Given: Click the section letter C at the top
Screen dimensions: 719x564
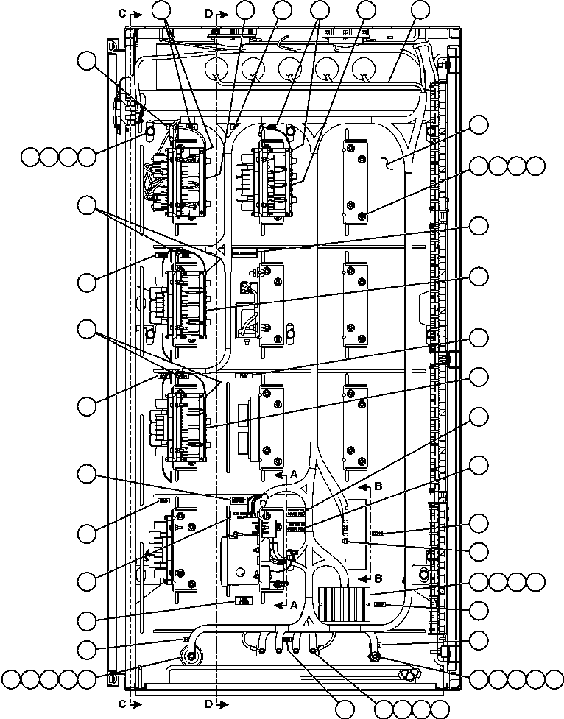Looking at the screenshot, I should pos(122,13).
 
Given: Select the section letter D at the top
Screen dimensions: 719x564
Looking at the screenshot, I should pos(208,13).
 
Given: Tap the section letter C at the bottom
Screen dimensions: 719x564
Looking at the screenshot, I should pos(122,704).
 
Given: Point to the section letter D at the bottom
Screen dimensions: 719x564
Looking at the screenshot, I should pos(208,704).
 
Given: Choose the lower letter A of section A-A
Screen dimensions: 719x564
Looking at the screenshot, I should pos(293,605).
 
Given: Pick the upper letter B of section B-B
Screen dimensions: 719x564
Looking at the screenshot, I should pos(378,486).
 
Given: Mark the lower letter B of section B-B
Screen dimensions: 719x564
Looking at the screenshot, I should pos(378,577).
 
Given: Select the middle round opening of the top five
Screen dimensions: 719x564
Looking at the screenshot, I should pos(290,71).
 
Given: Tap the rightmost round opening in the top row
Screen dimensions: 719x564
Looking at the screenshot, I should pos(363,71).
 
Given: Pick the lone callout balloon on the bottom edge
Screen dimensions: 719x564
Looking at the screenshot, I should pos(344,709).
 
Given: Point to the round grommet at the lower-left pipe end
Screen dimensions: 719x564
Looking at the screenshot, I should pos(192,657).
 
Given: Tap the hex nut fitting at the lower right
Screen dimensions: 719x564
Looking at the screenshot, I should pos(373,657).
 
